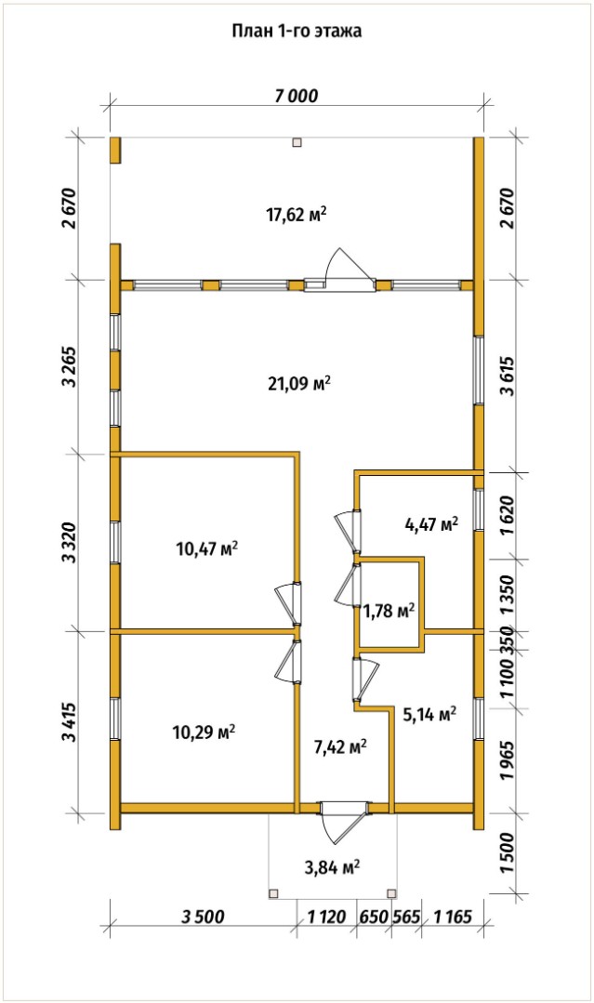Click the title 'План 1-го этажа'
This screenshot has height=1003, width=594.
click(297, 32)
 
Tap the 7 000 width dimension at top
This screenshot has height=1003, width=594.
click(296, 96)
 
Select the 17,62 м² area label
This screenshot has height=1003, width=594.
click(297, 215)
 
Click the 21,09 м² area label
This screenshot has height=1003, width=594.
click(299, 383)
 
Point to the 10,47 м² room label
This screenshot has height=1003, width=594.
click(207, 548)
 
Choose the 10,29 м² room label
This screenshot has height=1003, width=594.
click(204, 732)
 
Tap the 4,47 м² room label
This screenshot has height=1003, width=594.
click(432, 524)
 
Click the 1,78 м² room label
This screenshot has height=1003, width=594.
click(389, 612)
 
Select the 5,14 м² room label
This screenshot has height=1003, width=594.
click(429, 714)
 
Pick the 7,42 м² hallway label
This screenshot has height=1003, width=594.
click(340, 746)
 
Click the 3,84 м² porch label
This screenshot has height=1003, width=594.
click(332, 867)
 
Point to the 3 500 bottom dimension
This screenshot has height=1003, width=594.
click(203, 917)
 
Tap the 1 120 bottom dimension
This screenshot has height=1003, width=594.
click(326, 917)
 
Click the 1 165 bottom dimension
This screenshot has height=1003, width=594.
click(453, 917)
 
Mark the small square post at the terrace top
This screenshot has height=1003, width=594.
click(297, 143)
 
